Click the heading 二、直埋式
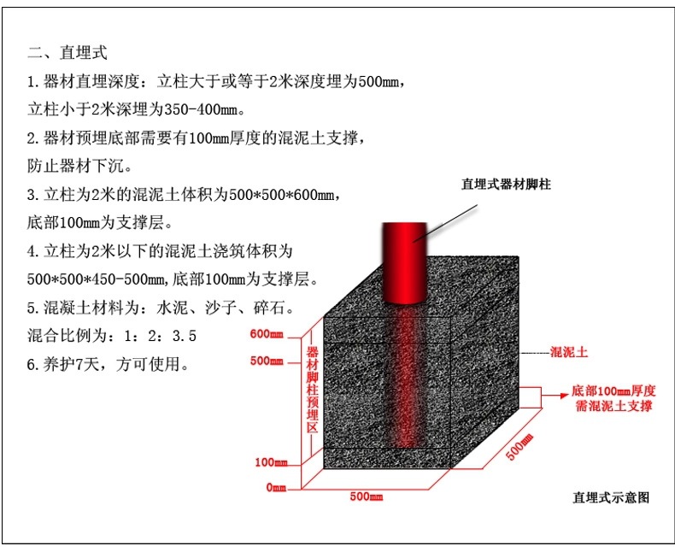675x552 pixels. (x=67, y=52)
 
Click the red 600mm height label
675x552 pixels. (x=267, y=334)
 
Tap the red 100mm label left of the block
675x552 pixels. (x=271, y=462)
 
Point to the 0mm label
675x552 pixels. (x=276, y=487)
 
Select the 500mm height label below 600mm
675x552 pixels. (x=267, y=361)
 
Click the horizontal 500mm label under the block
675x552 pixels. (x=367, y=496)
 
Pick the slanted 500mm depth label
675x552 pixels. (x=519, y=447)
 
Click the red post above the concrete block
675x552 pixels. (x=405, y=262)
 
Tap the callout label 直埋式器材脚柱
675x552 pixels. (x=506, y=185)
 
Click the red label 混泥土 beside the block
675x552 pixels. (x=569, y=352)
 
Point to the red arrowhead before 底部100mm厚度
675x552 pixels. (x=565, y=396)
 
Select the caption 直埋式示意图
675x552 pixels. (x=610, y=497)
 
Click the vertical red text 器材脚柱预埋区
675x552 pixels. (x=312, y=389)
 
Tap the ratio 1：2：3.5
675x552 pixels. (x=160, y=336)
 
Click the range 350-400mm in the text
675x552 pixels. (x=201, y=109)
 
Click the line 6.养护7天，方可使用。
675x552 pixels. (x=108, y=364)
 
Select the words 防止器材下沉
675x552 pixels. (x=75, y=166)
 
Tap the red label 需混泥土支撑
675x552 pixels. (x=613, y=406)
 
